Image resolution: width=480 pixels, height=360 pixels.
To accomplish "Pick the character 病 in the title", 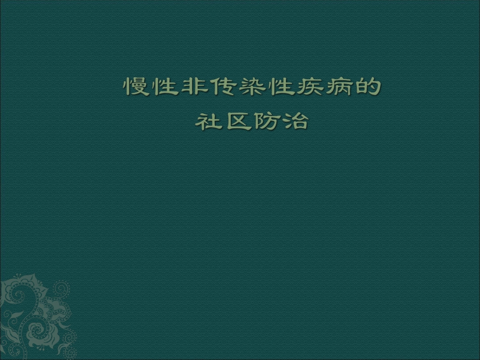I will tap(338, 87).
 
